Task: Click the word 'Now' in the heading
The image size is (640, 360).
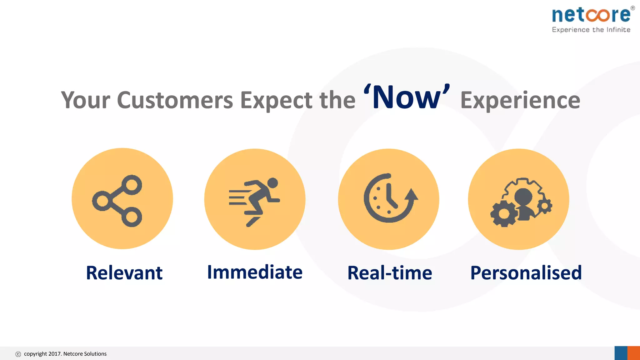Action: [406, 98]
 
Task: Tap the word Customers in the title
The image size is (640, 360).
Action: [175, 100]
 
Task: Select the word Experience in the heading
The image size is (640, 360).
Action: [520, 100]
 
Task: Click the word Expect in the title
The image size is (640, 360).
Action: [276, 101]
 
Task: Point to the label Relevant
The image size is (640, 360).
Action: [124, 273]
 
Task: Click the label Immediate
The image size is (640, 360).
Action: [255, 272]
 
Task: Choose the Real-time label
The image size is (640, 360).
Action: [390, 273]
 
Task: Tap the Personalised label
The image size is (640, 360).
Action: [526, 273]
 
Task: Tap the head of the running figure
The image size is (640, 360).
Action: [272, 183]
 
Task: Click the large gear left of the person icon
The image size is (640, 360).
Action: [504, 214]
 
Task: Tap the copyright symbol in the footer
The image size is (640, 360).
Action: [18, 354]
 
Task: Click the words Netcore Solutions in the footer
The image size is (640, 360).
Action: [85, 354]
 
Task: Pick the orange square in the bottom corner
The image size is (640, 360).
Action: [634, 353]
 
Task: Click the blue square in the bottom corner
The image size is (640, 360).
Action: [621, 353]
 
